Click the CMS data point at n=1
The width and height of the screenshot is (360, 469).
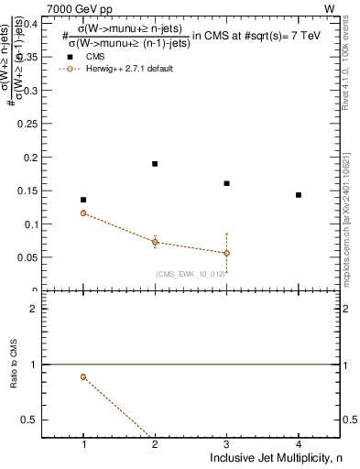click(x=83, y=200)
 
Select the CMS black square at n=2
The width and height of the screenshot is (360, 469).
click(x=155, y=164)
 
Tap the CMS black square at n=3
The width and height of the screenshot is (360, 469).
click(x=226, y=183)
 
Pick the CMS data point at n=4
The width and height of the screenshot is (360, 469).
click(x=299, y=195)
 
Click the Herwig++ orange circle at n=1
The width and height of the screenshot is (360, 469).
click(x=83, y=213)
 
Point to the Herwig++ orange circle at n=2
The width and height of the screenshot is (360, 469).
click(x=155, y=243)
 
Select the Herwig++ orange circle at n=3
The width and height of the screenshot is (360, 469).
click(x=226, y=253)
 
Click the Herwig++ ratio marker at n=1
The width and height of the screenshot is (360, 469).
click(x=83, y=376)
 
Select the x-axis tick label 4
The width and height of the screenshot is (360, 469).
click(x=299, y=444)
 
